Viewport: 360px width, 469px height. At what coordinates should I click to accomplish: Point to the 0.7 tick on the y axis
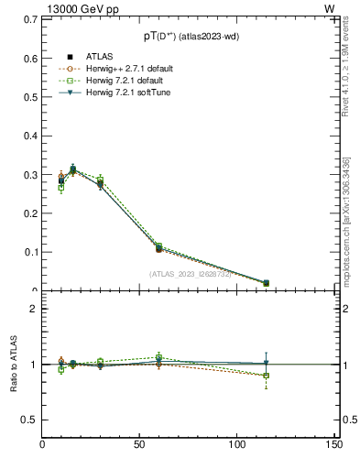28,19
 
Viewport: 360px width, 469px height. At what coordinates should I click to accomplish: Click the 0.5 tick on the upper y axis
28,97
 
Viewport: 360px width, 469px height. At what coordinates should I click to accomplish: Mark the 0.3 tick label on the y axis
28,175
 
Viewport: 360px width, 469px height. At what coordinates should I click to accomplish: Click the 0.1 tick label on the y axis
28,252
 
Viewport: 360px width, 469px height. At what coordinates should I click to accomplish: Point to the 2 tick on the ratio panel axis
33,309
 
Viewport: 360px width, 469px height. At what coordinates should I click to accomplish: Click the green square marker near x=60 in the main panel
158,245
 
